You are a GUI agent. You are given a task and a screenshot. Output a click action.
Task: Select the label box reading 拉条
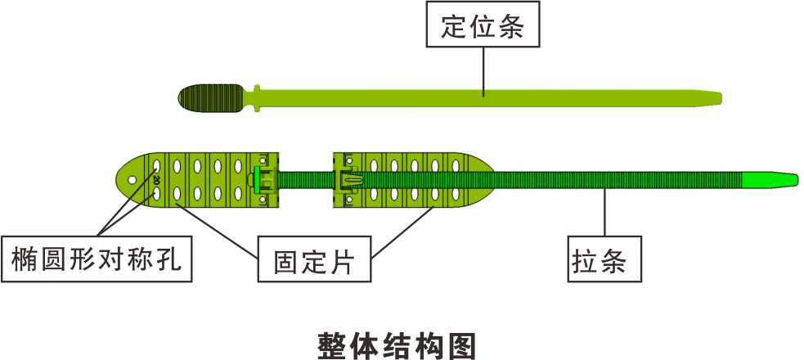click(604, 260)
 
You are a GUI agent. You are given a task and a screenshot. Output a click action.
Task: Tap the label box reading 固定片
click(312, 260)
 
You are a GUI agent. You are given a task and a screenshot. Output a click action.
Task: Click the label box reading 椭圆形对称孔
click(97, 260)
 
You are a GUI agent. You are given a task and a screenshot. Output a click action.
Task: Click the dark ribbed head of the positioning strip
click(210, 99)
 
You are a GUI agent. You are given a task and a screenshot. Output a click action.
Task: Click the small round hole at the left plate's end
click(127, 175)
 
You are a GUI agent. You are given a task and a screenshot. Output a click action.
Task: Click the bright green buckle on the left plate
click(261, 178)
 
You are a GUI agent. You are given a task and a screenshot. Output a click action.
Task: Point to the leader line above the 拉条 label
click(604, 213)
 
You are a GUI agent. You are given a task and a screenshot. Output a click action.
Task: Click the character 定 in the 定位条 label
click(451, 27)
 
